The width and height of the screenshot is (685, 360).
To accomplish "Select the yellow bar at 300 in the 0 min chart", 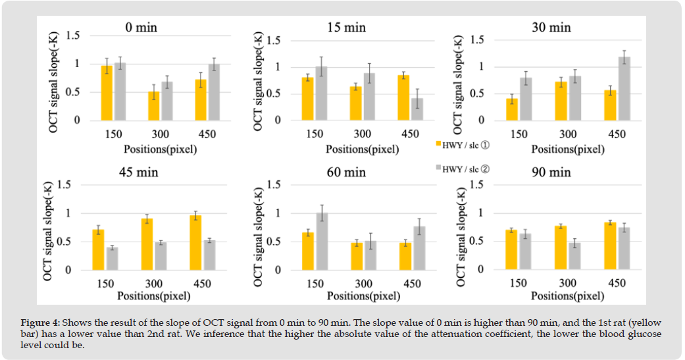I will tap(153, 106).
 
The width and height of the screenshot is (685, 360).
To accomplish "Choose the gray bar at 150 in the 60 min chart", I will tap(322, 242).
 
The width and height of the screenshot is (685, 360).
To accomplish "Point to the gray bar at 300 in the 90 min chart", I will tap(573, 256).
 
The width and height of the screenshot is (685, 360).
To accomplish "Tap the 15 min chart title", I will tap(346, 28).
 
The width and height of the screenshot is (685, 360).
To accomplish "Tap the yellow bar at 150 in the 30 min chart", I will tap(512, 109).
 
